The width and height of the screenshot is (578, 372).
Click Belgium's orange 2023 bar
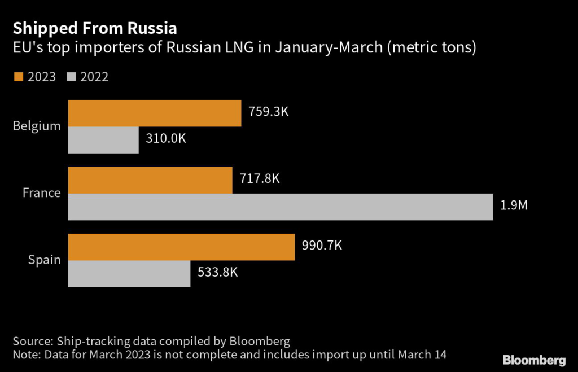(154, 113)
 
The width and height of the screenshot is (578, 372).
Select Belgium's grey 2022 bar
(103, 139)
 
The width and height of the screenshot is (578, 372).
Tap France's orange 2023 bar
(150, 180)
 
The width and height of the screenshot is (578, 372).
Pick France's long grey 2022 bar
(280, 207)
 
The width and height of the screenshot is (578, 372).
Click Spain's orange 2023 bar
(181, 247)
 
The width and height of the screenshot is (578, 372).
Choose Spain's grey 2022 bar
(129, 274)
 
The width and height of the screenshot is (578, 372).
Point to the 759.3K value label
(268, 111)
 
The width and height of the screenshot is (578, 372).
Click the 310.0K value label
(165, 139)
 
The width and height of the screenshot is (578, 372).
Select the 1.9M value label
(513, 205)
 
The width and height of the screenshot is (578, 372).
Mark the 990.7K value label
(322, 246)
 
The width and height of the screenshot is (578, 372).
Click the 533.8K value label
(217, 273)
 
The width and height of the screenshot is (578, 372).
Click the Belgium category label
(37, 126)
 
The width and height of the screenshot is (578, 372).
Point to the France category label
(41, 193)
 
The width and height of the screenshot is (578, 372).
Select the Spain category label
(44, 260)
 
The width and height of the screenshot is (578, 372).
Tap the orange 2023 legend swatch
(17, 76)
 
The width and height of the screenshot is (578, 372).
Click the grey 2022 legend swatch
(72, 76)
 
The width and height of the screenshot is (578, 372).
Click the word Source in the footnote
(31, 341)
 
